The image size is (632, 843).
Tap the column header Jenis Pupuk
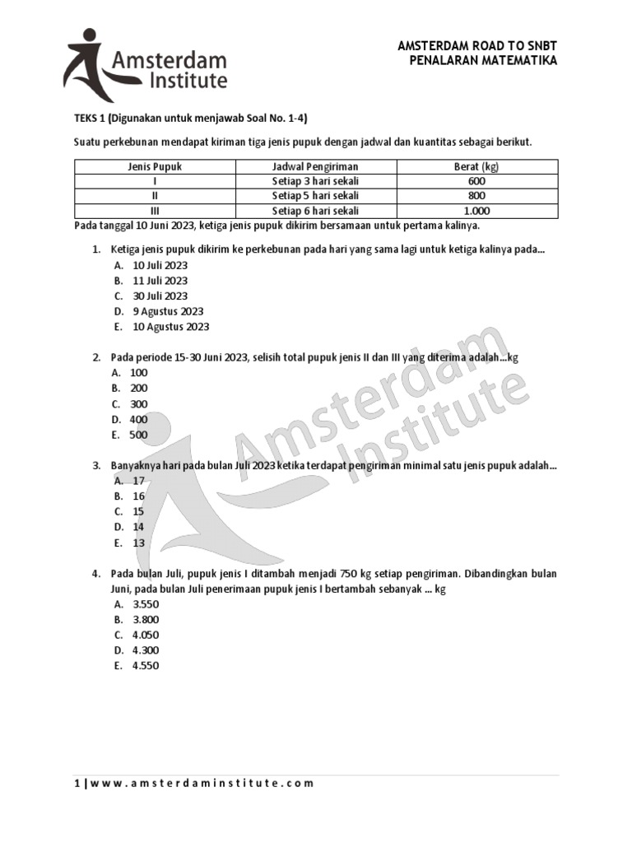tap(155, 166)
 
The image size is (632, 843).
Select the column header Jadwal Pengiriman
tap(315, 166)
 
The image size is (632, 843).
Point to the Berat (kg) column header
tap(476, 166)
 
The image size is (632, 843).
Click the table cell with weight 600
tap(476, 181)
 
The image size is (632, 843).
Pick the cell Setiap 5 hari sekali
tap(315, 196)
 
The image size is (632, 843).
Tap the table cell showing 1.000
tap(476, 211)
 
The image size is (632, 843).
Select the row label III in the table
tap(155, 211)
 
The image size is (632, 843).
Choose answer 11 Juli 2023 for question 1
tap(160, 281)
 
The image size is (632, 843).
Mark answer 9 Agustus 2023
tap(168, 311)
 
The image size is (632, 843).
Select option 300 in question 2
tap(138, 404)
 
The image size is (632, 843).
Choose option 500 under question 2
tap(138, 435)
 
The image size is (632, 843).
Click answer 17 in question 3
tap(138, 481)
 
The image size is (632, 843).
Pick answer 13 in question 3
tap(138, 543)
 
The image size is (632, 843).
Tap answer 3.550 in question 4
tap(146, 604)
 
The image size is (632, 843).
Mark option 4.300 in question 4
tap(146, 650)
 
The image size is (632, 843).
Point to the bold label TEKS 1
tap(89, 118)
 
